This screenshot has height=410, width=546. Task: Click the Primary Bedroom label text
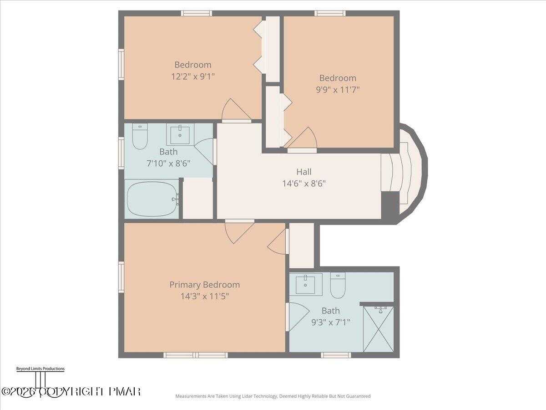pyautogui.click(x=204, y=285)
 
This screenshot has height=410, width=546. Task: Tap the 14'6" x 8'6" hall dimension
pyautogui.click(x=304, y=184)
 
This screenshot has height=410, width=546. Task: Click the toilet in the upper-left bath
pyautogui.click(x=140, y=137)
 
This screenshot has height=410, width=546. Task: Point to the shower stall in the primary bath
pyautogui.click(x=378, y=329)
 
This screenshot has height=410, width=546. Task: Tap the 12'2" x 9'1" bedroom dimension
pyautogui.click(x=192, y=77)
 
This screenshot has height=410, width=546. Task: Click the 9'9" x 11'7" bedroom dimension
pyautogui.click(x=338, y=90)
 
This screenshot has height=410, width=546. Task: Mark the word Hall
pyautogui.click(x=304, y=172)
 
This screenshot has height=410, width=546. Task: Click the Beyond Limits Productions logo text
pyautogui.click(x=40, y=369)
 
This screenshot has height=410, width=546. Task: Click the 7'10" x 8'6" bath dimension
pyautogui.click(x=168, y=164)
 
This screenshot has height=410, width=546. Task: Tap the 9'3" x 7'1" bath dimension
pyautogui.click(x=330, y=323)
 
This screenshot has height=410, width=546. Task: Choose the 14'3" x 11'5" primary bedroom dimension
pyautogui.click(x=204, y=296)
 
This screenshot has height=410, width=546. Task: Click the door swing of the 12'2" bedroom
pyautogui.click(x=235, y=110)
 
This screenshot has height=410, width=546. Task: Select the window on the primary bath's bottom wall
pyautogui.click(x=336, y=355)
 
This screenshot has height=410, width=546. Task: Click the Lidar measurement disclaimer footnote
pyautogui.click(x=273, y=396)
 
